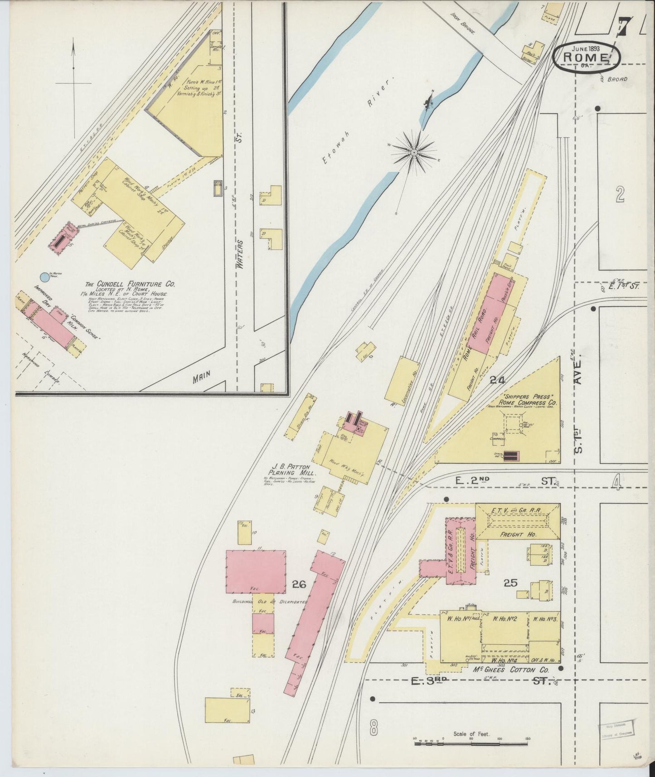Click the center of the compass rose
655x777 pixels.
[x=413, y=153]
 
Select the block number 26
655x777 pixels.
[x=300, y=584]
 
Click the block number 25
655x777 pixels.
[x=511, y=583]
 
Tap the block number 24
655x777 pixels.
[x=497, y=380]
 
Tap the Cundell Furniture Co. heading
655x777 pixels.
[x=131, y=284]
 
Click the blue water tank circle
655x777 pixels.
[x=44, y=276]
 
